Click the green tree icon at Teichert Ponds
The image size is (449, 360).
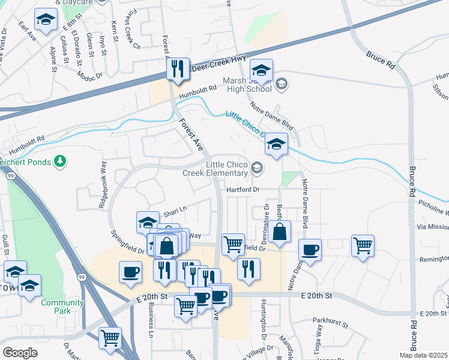(x=59, y=161)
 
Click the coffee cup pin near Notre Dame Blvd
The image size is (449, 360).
(x=310, y=250)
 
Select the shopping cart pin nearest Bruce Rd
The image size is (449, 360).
(x=363, y=245)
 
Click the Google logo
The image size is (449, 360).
(x=20, y=352)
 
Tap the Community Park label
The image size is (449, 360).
(x=62, y=307)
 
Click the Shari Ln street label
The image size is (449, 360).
(x=176, y=209)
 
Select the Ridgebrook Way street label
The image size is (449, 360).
(x=103, y=191)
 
